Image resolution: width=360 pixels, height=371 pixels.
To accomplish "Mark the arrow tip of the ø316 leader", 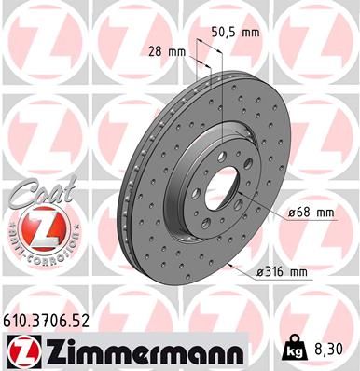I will [228, 264].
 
